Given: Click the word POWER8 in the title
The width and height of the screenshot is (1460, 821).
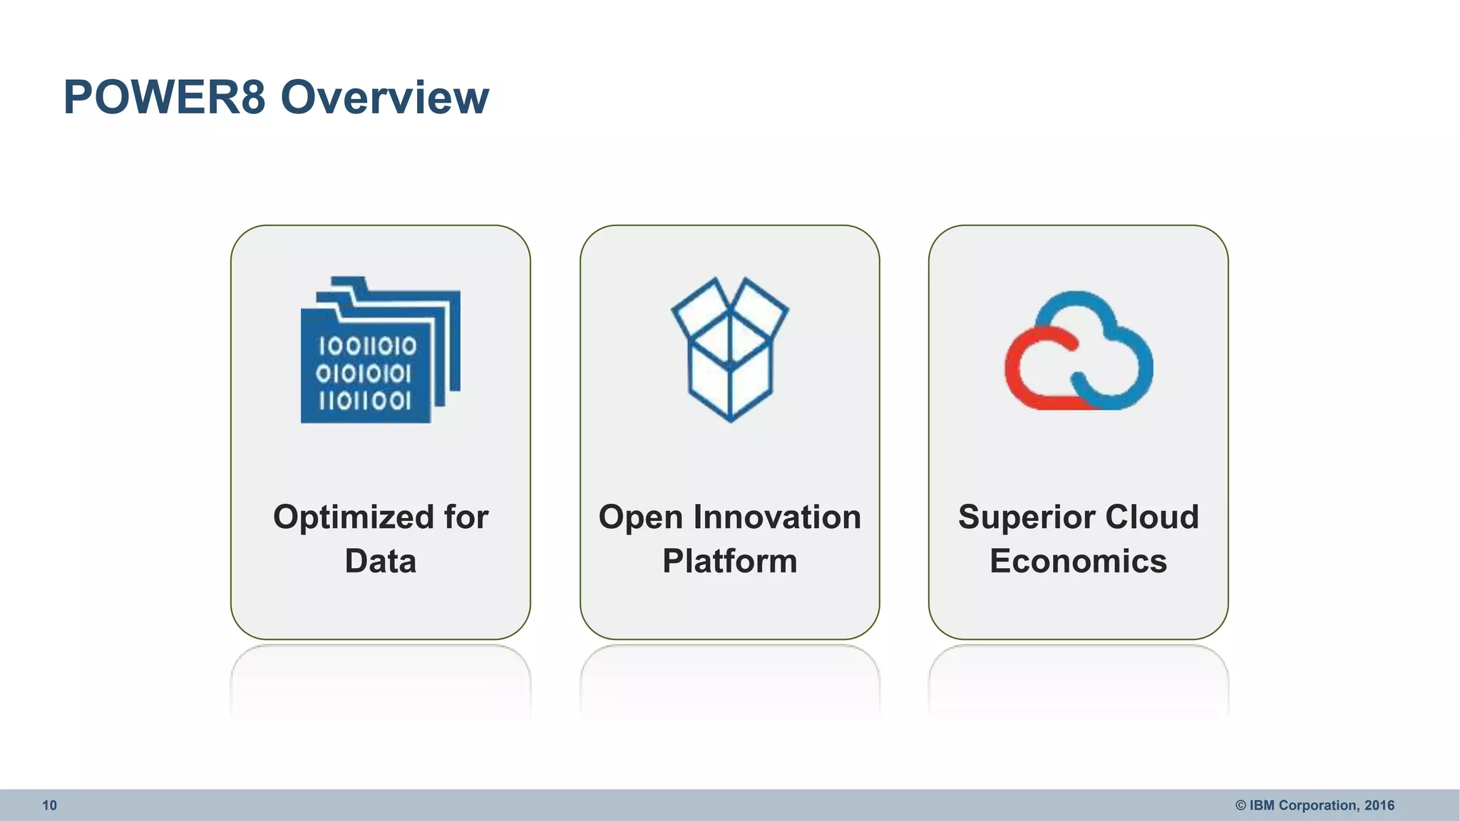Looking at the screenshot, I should [x=165, y=97].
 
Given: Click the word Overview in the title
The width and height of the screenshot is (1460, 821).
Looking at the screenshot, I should [x=385, y=97].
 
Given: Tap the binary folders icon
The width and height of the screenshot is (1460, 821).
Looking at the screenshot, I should [x=380, y=350].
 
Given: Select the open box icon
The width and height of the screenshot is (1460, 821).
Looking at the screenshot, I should [x=729, y=349].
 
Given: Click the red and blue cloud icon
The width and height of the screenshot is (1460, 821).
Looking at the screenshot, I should [x=1079, y=351].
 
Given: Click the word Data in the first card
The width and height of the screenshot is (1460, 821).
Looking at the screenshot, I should [x=381, y=562].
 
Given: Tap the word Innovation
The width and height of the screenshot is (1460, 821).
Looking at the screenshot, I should [x=777, y=517].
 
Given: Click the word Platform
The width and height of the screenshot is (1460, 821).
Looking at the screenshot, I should [x=729, y=562].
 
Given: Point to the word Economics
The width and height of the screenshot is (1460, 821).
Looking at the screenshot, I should [x=1078, y=562].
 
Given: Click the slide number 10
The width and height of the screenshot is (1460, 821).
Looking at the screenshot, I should [x=49, y=805].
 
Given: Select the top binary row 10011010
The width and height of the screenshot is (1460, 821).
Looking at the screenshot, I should [x=367, y=347].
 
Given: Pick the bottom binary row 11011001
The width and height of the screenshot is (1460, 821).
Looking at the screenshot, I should [x=365, y=401].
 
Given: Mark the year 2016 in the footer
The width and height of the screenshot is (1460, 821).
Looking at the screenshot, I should [x=1379, y=805].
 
